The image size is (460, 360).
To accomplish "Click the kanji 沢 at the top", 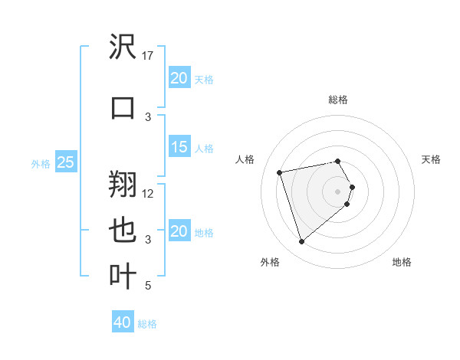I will [123, 48].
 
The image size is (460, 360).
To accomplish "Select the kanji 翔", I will [123, 184].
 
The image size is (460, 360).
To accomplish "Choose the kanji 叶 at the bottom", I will [123, 277].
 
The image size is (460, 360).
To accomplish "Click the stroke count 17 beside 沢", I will [149, 56].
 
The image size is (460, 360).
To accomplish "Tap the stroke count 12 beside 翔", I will [149, 194].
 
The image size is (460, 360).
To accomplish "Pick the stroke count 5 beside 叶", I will [148, 286].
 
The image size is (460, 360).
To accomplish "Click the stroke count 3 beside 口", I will [148, 116].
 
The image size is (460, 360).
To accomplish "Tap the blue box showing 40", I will [123, 322].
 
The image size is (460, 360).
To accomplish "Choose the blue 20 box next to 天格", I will [179, 77].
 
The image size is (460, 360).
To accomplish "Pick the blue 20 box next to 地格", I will [179, 231].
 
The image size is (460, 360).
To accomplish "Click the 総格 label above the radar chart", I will [338, 100].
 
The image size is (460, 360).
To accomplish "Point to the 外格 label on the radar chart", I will [270, 262].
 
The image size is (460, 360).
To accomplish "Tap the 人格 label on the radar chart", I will [245, 159].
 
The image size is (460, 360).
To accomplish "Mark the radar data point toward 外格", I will [302, 242].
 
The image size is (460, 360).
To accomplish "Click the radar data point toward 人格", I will [280, 172].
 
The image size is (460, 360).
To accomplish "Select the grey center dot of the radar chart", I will [338, 191].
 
